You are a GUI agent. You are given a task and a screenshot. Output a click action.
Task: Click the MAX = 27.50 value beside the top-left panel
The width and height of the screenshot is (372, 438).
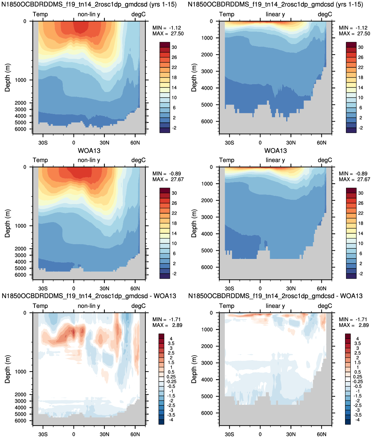pos(168,34)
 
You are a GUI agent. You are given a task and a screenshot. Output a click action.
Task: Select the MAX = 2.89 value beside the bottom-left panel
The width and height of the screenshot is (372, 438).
pos(168,325)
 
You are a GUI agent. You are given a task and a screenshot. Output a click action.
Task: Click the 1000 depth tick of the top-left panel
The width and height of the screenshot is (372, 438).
pos(20,80)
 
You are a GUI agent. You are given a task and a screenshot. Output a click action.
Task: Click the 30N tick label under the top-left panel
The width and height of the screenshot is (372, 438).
pos(105,143)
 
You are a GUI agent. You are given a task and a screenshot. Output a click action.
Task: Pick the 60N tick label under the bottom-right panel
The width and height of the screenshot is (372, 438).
pos(321,434)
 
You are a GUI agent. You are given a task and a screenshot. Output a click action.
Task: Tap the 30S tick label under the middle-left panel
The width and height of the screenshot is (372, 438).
pos(43,288)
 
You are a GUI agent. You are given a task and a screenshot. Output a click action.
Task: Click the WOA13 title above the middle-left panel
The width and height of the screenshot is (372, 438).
pos(89,151)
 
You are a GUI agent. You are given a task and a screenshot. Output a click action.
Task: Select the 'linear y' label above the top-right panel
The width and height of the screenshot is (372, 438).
pos(275,14)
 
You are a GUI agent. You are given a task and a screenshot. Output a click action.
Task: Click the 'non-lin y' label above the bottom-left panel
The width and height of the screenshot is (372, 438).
pos(89,306)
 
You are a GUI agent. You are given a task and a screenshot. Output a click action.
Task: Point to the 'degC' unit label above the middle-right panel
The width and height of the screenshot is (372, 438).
pos(325,160)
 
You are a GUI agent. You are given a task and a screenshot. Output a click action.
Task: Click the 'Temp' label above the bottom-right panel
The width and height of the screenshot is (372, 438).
pos(227,306)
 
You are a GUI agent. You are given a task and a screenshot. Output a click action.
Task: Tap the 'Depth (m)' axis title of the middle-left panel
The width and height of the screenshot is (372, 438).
pos(8,223)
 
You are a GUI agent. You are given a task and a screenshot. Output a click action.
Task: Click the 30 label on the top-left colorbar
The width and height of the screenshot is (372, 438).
pos(174,47)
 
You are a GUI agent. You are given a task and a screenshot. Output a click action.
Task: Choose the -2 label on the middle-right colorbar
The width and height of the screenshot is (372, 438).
pos(360,274)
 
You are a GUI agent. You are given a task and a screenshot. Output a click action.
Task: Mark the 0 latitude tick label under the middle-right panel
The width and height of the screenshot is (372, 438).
pos(260,288)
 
